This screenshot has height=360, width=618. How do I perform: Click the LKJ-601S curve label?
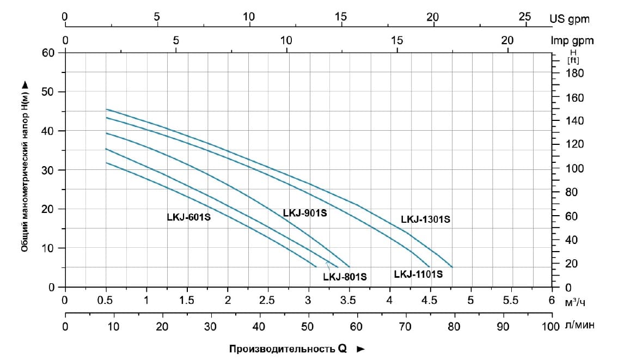(188, 217)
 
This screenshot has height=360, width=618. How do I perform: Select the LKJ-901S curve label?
(305, 213)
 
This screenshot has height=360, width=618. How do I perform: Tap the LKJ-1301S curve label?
(426, 220)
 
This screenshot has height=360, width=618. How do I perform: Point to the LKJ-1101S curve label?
(418, 274)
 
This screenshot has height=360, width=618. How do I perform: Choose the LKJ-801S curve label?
(345, 277)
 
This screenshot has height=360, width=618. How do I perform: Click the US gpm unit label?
(570, 19)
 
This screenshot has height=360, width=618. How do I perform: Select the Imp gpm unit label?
(572, 40)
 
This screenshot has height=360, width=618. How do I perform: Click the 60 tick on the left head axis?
(49, 53)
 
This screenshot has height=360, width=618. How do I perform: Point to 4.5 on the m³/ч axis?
(430, 300)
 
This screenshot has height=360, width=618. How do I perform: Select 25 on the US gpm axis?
(525, 17)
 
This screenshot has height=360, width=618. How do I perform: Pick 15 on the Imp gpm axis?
(397, 40)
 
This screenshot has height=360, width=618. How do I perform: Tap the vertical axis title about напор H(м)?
(25, 166)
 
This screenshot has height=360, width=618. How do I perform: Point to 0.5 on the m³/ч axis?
(106, 300)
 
